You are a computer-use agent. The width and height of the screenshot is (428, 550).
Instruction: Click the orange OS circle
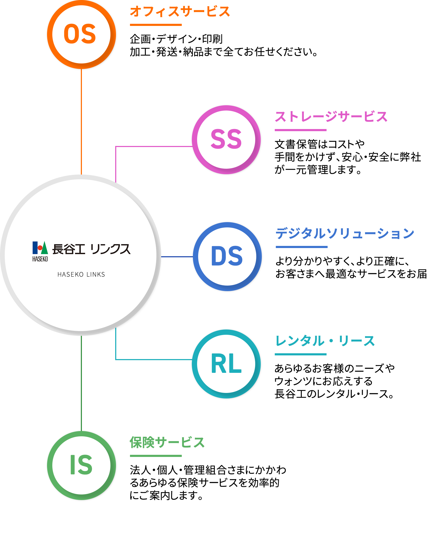click(x=81, y=34)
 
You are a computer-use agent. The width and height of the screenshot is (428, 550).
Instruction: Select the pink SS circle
click(x=226, y=140)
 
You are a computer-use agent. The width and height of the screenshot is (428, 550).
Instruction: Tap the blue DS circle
click(x=227, y=257)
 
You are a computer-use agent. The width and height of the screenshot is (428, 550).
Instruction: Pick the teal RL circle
click(x=226, y=364)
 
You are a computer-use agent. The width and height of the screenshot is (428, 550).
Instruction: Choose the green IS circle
click(x=81, y=466)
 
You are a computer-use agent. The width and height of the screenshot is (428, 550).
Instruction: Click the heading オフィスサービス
click(x=180, y=12)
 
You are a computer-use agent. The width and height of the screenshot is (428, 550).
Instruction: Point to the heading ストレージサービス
click(x=331, y=117)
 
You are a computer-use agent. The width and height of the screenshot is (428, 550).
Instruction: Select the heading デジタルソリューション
click(x=345, y=233)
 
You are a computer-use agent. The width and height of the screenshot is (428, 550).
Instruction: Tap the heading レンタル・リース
click(x=325, y=341)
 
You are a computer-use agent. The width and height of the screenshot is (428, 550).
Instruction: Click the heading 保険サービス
click(x=167, y=443)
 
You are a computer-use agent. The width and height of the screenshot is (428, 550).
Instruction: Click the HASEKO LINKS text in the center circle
click(x=81, y=275)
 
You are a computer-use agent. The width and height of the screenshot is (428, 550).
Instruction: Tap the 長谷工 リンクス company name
click(x=91, y=249)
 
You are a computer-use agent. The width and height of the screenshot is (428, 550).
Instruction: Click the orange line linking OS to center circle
click(x=81, y=122)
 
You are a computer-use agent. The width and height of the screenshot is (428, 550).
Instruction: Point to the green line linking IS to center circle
click(x=81, y=383)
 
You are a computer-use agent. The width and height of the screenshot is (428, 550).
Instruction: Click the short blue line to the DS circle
click(x=177, y=257)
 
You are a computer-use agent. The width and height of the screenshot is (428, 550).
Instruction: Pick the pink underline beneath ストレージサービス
click(x=301, y=130)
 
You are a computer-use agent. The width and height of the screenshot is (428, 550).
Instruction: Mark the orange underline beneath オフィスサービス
click(x=156, y=25)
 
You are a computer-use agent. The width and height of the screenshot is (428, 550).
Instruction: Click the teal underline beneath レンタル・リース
click(x=301, y=354)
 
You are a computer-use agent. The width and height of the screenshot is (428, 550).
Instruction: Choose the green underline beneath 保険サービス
click(x=156, y=456)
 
